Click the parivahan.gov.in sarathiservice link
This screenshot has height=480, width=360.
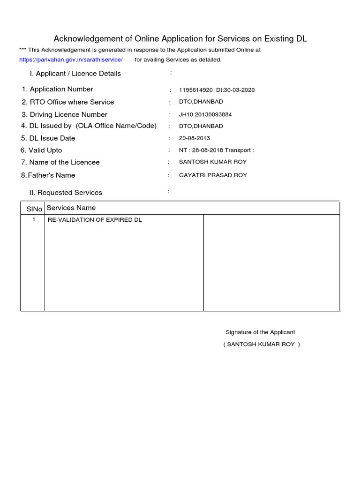[x=71, y=60]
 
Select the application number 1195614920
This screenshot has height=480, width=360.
[x=196, y=90]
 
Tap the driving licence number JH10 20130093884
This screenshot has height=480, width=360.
[x=205, y=114]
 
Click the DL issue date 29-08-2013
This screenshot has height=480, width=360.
[x=195, y=138]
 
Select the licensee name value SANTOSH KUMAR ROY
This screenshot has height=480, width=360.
[x=213, y=162]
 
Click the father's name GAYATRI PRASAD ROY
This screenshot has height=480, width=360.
[x=213, y=175]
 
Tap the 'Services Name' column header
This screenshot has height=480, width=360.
[x=71, y=208]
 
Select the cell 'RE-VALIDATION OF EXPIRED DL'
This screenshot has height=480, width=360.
[x=95, y=220]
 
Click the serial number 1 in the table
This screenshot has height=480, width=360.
[x=34, y=219]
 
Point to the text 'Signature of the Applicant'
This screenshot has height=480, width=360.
[x=260, y=332]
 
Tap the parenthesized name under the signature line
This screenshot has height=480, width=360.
[x=261, y=345]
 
